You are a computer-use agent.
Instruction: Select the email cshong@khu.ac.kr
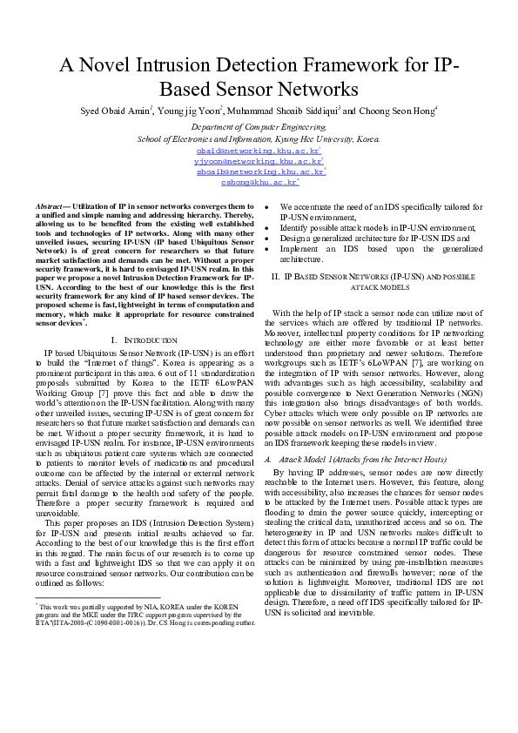(x=259, y=182)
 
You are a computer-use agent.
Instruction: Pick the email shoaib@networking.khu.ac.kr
(x=259, y=171)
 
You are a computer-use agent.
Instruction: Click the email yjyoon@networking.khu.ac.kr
(x=258, y=161)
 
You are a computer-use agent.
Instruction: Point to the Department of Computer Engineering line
(x=259, y=126)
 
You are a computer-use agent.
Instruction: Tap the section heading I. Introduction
(x=145, y=340)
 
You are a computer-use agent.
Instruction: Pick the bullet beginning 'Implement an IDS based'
(x=380, y=252)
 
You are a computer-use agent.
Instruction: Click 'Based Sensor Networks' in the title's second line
(x=259, y=89)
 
